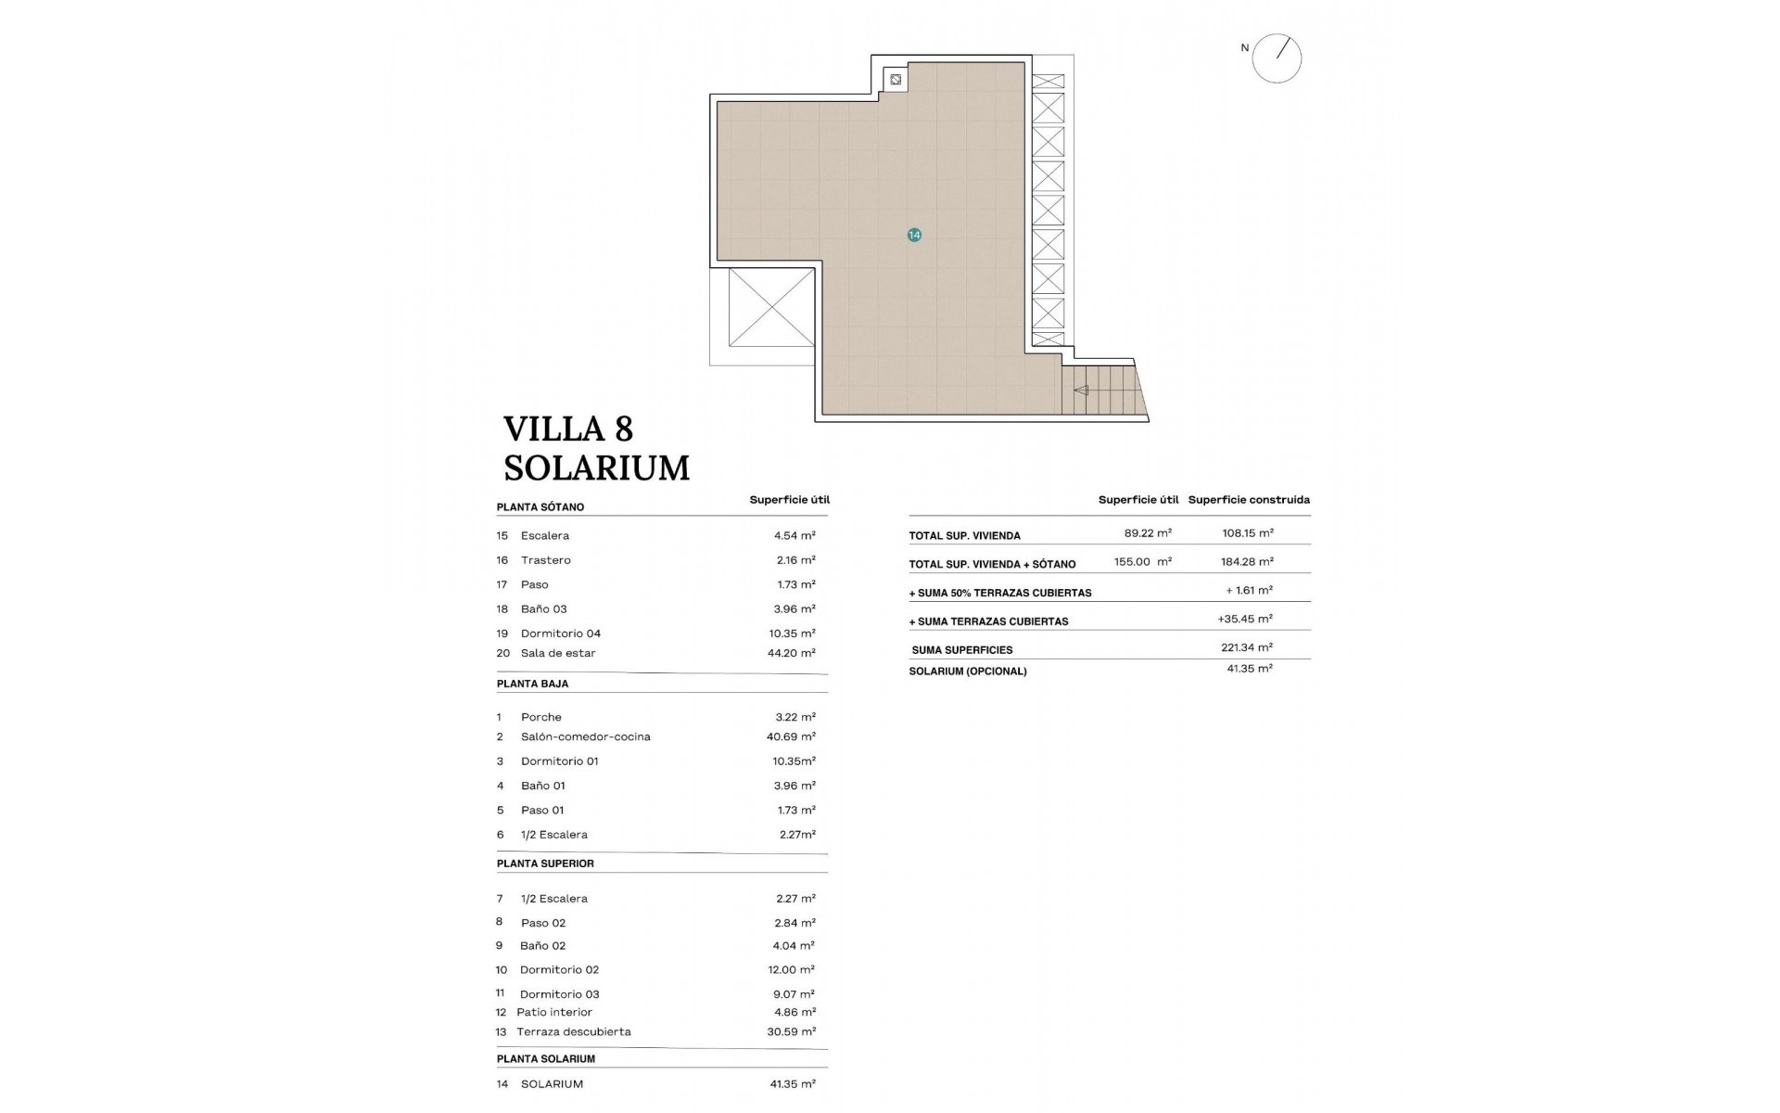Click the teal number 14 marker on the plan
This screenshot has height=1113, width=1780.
tap(914, 236)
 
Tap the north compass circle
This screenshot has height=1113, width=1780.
tap(1277, 58)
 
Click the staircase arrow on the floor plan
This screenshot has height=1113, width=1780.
tap(1081, 390)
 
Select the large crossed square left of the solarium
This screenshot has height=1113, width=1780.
tap(771, 307)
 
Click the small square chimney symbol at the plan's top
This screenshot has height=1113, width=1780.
tap(896, 80)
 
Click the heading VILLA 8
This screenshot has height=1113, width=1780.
tap(567, 429)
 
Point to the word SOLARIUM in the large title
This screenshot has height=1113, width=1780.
tap(596, 468)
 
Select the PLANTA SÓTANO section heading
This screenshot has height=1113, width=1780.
tap(540, 507)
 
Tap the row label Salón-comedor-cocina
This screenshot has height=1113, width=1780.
tap(585, 736)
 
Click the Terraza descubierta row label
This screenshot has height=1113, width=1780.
tap(573, 1031)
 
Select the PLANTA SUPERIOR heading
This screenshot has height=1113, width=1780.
tap(545, 864)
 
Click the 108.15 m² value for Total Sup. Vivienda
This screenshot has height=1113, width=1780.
tap(1247, 533)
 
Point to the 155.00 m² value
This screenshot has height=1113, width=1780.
tap(1142, 562)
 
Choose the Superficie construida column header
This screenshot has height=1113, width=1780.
tap(1249, 500)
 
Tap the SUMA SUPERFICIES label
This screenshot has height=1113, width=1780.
tap(961, 650)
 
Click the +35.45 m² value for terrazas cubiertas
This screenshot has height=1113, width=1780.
tap(1244, 619)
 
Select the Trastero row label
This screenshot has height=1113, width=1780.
tap(545, 560)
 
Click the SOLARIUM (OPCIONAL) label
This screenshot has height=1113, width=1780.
tap(967, 672)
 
